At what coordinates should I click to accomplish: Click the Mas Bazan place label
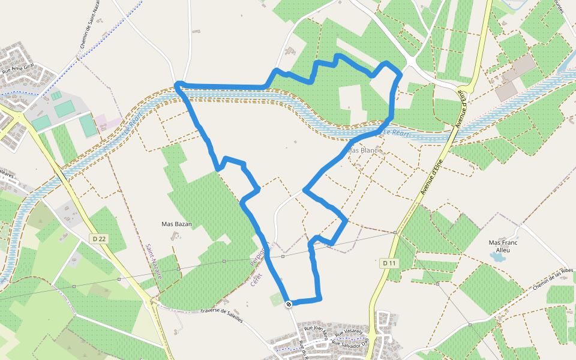coord(176,224)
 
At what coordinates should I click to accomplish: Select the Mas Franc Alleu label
coord(503,246)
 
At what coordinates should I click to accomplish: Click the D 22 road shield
coord(100,239)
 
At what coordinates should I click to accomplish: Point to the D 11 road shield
coord(389,263)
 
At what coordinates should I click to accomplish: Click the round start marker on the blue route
coord(289,304)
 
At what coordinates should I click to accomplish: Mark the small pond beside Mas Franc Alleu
coord(497,257)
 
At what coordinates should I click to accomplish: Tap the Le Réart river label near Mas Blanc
coord(396,133)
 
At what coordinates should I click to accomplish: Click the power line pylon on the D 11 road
coord(395,232)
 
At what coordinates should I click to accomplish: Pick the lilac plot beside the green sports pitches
coord(105,122)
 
